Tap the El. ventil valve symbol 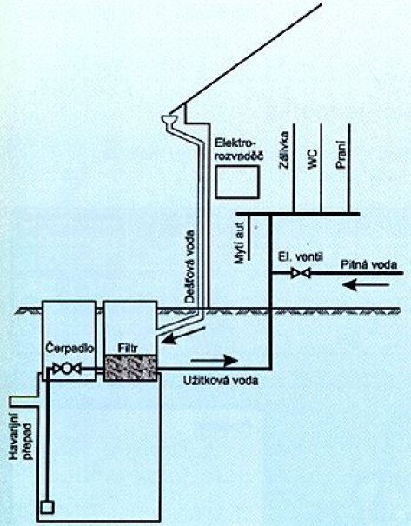point(301,273)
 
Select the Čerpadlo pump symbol point(67,369)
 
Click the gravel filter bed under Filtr point(130,368)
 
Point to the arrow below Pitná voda point(366,285)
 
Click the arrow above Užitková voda point(215,361)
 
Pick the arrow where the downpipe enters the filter point(183,336)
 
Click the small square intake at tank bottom point(47,507)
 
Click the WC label point(311,159)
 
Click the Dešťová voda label point(190,267)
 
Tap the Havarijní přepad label point(22,436)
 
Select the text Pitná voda point(368,264)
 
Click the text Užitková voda point(221,381)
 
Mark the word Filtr point(128,349)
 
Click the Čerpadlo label point(70,349)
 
